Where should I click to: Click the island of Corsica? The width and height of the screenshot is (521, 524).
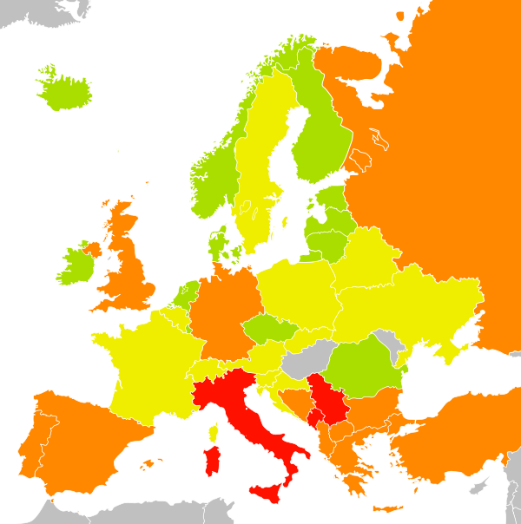pos(213,431)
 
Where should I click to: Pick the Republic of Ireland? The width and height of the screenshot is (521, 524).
pos(76,265)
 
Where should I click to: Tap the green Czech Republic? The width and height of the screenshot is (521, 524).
pos(270,329)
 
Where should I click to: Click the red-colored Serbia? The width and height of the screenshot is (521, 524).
pos(326,400)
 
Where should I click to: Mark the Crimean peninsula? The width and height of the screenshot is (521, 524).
pos(451,351)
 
